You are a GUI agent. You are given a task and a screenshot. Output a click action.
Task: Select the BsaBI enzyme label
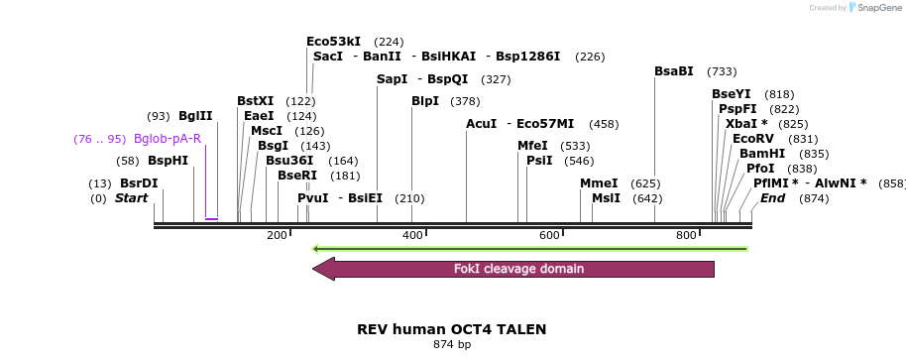674,71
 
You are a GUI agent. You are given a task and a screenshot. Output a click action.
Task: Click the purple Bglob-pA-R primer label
168,139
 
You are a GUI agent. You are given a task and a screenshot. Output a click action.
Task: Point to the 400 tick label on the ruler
412,235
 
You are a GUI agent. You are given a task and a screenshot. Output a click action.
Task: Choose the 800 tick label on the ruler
686,235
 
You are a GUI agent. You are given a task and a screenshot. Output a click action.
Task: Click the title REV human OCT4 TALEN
451,328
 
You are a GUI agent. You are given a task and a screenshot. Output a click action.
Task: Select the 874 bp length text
452,344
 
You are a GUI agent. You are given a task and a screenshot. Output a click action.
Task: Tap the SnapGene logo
875,8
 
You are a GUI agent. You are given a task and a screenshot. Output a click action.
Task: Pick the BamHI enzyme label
762,154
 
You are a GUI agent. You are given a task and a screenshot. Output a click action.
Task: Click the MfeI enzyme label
532,146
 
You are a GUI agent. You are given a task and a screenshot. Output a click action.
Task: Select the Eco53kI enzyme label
334,42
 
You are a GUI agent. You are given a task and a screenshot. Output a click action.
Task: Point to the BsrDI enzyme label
139,183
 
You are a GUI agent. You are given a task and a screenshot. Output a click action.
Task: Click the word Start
131,198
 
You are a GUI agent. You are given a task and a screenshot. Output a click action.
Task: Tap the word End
773,198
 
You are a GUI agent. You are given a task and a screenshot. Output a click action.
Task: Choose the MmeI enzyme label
599,183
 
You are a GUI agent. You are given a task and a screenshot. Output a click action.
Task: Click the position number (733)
722,71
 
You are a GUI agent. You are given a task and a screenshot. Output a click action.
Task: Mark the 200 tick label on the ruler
277,235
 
